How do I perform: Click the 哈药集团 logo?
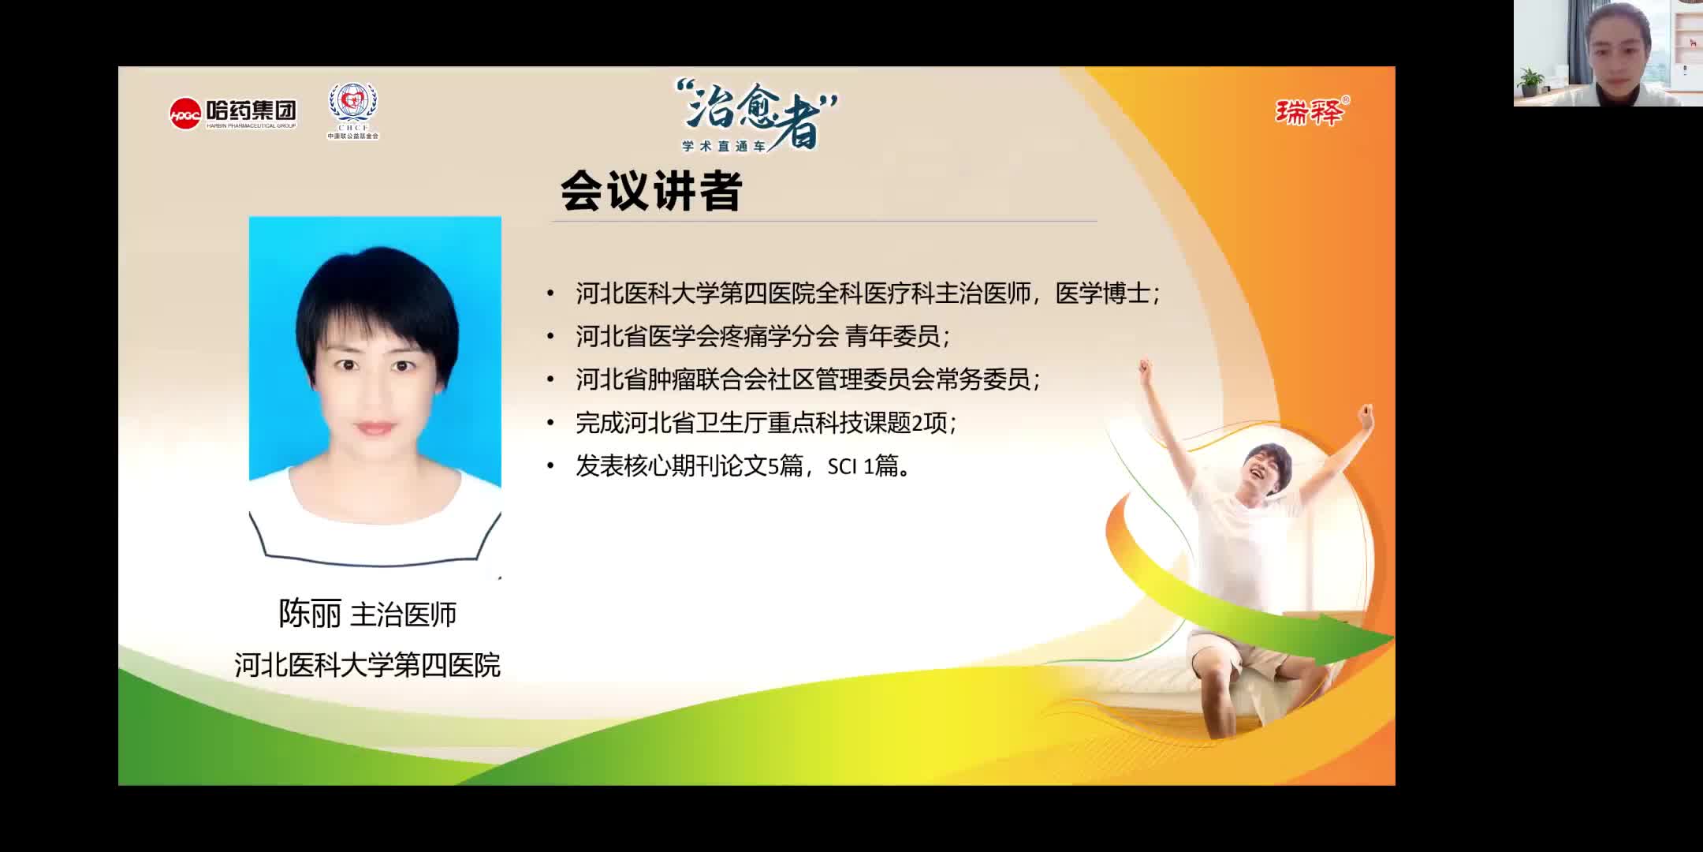(233, 114)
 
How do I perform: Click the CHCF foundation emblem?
(352, 110)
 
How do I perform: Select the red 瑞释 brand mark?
(1310, 113)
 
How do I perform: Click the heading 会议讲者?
(651, 192)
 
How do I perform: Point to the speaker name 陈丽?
(310, 614)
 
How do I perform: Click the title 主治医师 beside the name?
(403, 615)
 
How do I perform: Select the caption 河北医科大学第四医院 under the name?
(367, 665)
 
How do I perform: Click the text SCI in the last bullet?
(842, 467)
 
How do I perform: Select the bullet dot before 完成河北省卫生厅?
(550, 424)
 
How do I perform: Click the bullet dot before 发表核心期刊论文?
(550, 467)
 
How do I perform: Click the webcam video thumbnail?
(1608, 53)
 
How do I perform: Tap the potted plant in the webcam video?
(1530, 80)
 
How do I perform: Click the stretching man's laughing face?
(1265, 470)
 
